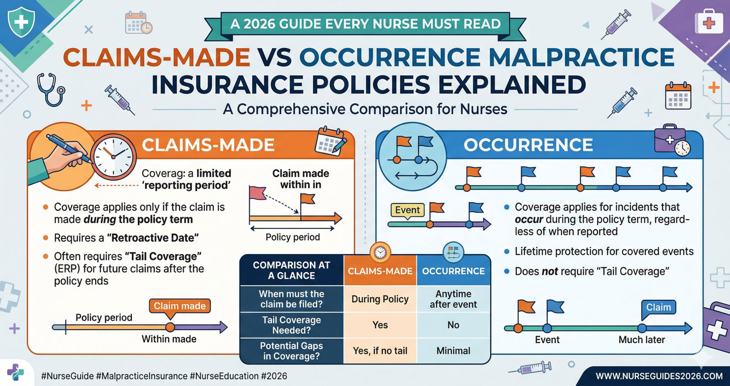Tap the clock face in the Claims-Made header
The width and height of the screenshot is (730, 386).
[113, 156]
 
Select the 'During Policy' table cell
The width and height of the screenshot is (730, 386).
[380, 299]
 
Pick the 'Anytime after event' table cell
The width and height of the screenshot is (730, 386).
[453, 299]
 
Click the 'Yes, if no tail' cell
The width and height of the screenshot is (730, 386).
[380, 351]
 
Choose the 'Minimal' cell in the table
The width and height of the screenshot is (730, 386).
[453, 351]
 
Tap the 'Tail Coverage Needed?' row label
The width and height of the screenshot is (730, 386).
[291, 325]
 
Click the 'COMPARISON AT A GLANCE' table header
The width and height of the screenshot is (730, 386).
[291, 270]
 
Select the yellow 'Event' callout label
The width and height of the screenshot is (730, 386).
[407, 210]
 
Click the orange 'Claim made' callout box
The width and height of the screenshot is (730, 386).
[179, 306]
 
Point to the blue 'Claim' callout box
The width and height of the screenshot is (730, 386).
[658, 307]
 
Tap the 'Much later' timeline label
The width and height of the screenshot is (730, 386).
[641, 340]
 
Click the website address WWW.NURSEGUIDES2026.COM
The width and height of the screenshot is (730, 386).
[659, 376]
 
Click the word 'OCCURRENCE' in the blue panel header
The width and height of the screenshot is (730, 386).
[528, 145]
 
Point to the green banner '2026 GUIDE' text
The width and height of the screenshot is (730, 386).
[365, 24]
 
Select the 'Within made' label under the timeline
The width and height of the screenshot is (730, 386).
[169, 339]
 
